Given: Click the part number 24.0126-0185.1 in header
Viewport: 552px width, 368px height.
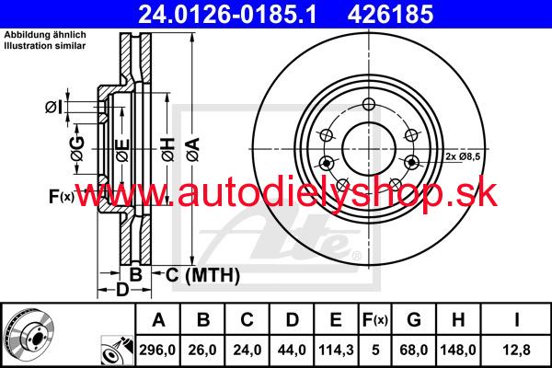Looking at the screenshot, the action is click(x=227, y=15).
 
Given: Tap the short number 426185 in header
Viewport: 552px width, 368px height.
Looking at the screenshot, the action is click(x=390, y=15).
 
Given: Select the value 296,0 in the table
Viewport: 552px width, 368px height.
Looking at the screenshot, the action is click(x=157, y=350).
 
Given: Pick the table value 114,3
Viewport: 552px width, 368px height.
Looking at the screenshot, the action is click(x=336, y=350).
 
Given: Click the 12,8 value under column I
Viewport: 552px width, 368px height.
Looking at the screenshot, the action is click(x=516, y=350).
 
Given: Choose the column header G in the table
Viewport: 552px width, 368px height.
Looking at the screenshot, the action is click(x=414, y=320).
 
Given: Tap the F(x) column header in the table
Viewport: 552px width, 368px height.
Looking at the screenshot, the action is click(x=375, y=320).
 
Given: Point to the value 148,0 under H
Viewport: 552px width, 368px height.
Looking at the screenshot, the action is click(x=458, y=350).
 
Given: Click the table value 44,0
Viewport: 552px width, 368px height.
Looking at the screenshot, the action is click(x=292, y=350).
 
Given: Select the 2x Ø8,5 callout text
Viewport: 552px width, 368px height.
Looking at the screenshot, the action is click(x=463, y=156).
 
